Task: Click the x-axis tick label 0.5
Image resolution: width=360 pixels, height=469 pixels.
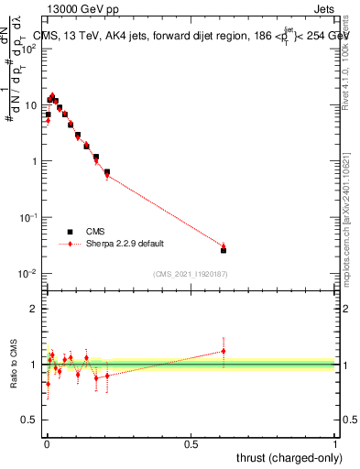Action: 191,442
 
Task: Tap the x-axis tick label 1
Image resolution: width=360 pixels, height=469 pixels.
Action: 334,442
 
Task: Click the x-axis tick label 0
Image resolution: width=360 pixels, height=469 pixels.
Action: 46,442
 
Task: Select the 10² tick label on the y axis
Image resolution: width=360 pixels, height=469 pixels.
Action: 29,48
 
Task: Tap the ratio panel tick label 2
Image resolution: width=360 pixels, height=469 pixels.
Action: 33,309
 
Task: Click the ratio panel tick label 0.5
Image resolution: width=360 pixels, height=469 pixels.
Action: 29,420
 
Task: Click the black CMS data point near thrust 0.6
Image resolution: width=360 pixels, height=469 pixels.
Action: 224,249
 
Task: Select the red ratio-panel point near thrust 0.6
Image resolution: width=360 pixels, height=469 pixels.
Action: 224,351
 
